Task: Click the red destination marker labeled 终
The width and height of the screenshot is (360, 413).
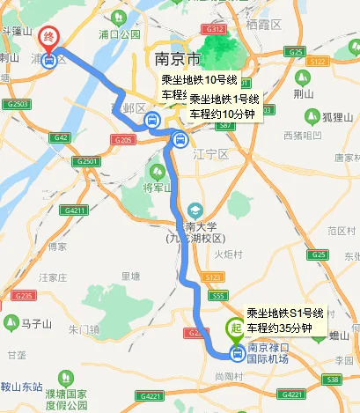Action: point(50,38)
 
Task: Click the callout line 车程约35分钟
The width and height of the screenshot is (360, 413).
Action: point(279,328)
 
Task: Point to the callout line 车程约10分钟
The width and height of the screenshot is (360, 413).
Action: point(224,114)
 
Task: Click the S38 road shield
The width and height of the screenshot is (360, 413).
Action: point(332,380)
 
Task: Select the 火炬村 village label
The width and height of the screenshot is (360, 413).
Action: point(229,255)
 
